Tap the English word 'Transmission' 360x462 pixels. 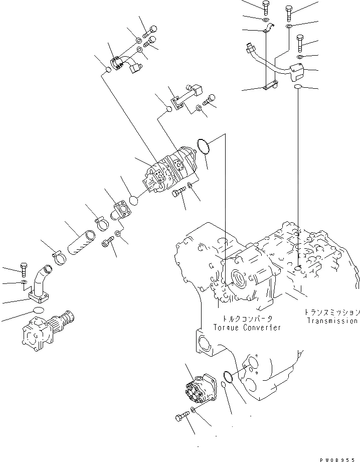(332, 321)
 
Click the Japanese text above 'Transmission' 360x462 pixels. (331, 312)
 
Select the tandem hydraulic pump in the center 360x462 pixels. (170, 169)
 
